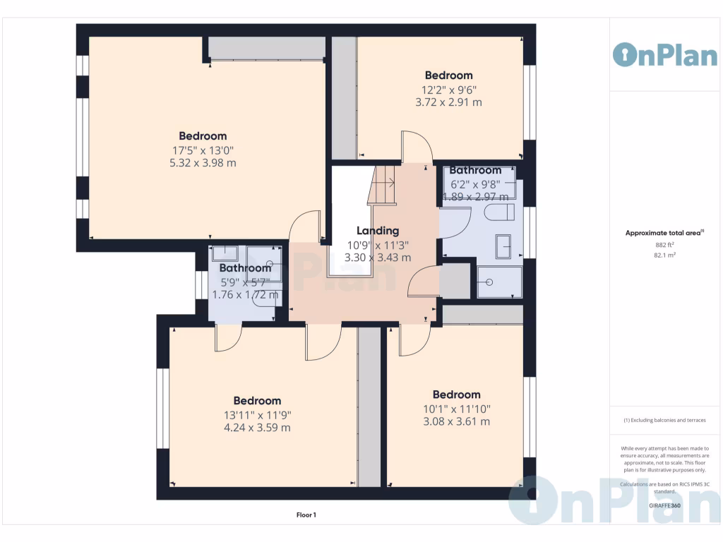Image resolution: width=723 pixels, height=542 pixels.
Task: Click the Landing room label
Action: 377,231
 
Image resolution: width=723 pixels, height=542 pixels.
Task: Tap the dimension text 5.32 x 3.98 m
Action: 203,163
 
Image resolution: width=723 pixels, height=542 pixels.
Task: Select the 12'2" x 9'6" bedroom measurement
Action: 448,90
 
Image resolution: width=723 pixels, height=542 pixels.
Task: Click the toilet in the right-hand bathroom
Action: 499,212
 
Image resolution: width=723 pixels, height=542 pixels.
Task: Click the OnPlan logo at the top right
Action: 665,55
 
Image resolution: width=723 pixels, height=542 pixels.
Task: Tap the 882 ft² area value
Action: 664,245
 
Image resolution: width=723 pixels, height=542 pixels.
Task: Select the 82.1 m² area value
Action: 664,255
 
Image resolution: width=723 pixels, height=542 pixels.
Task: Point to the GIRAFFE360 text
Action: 664,505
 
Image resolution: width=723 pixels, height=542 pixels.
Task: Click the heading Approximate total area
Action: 664,233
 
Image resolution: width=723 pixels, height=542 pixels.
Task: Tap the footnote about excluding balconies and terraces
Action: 664,420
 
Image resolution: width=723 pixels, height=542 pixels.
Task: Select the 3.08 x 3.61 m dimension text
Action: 456,422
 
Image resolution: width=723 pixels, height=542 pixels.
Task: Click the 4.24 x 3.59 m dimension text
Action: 257,428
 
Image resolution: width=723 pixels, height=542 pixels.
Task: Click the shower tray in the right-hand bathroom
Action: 499,282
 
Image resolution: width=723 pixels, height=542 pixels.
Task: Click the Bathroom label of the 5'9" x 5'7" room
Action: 244,268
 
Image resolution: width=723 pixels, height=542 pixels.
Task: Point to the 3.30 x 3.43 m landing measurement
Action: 377,258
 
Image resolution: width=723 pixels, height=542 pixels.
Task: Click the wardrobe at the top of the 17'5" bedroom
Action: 267,49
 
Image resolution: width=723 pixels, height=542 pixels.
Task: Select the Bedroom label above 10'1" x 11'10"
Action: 456,395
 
